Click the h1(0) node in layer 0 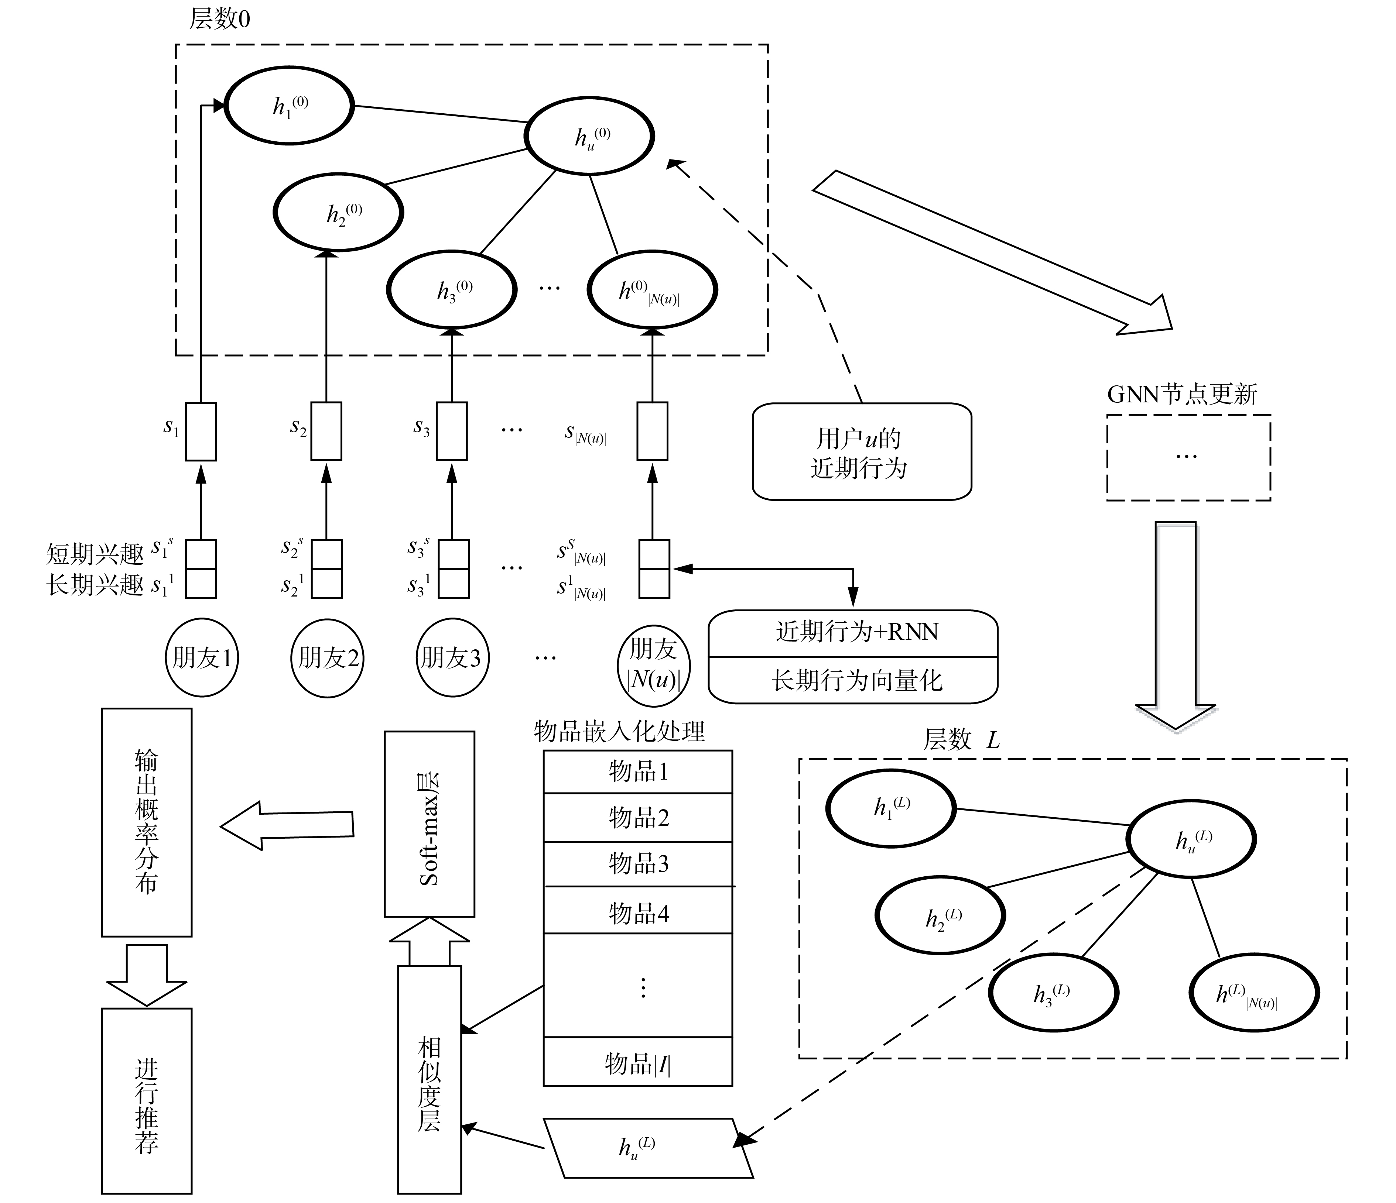(x=289, y=106)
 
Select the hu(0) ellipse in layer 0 (x=589, y=137)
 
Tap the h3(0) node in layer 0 (x=451, y=290)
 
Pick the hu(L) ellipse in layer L (x=1191, y=840)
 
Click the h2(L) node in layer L (x=941, y=917)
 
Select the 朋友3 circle (x=452, y=657)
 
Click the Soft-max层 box (x=429, y=824)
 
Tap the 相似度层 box (x=429, y=1078)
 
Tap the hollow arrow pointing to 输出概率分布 (x=286, y=825)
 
